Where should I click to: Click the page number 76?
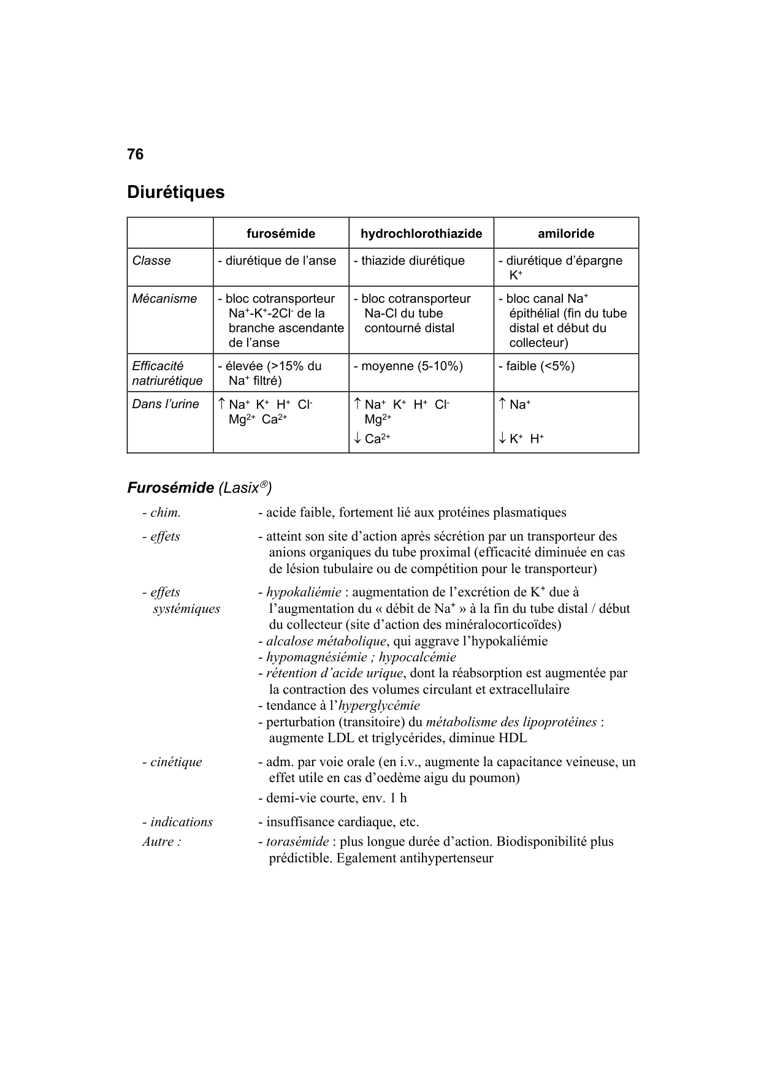pos(135,154)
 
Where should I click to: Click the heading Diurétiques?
pos(175,192)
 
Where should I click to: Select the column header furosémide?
pos(281,234)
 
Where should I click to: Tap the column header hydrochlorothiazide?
pos(421,234)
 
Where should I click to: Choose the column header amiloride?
pos(566,234)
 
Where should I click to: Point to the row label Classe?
pos(151,260)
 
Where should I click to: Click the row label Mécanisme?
pos(164,298)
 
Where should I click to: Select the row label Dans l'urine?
pos(166,404)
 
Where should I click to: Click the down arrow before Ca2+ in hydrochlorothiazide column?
pos(357,438)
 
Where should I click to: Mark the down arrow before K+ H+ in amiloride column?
pos(502,438)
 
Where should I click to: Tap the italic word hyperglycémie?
pos(379,705)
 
